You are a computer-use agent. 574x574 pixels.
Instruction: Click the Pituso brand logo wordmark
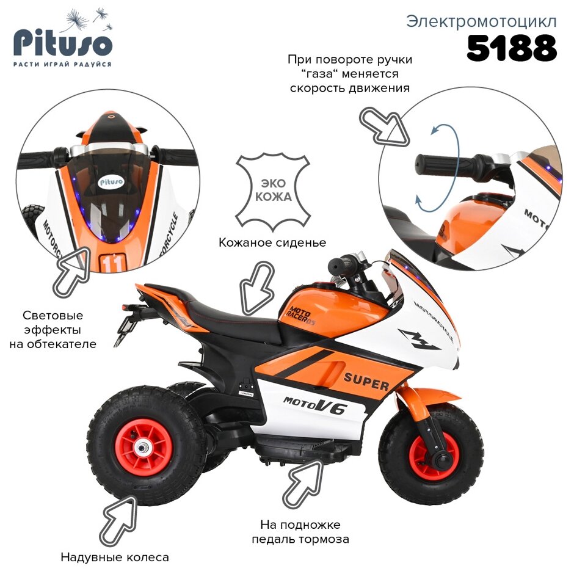[63, 44]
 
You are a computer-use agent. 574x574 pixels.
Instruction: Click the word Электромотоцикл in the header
[481, 21]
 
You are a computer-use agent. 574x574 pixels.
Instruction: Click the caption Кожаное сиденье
[272, 242]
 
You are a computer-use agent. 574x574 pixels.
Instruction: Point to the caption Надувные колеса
[115, 557]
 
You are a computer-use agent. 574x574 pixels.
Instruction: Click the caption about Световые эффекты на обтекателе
[53, 330]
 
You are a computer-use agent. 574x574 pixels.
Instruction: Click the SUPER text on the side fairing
[366, 380]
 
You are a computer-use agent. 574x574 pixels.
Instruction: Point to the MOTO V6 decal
[314, 404]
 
